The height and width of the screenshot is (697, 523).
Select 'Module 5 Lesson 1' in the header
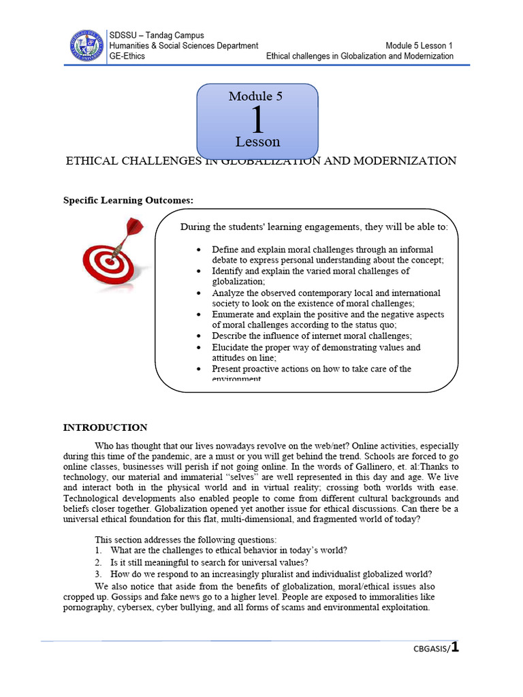pyautogui.click(x=419, y=46)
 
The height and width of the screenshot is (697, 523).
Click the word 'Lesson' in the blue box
pyautogui.click(x=257, y=142)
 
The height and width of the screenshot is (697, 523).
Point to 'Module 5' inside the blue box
pyautogui.click(x=255, y=96)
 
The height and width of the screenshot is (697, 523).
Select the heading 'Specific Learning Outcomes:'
pyautogui.click(x=129, y=200)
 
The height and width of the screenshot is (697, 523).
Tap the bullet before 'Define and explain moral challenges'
pyautogui.click(x=198, y=250)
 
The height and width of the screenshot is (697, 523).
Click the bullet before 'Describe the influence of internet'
pyautogui.click(x=198, y=336)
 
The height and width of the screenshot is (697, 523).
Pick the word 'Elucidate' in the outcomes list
pyautogui.click(x=233, y=347)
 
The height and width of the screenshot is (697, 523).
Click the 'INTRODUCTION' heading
pyautogui.click(x=105, y=427)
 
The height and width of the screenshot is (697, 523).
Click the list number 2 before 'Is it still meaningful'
pyautogui.click(x=98, y=562)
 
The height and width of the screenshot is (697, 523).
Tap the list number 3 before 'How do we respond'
pyautogui.click(x=98, y=574)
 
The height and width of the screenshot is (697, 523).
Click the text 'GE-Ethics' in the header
pyautogui.click(x=127, y=56)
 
